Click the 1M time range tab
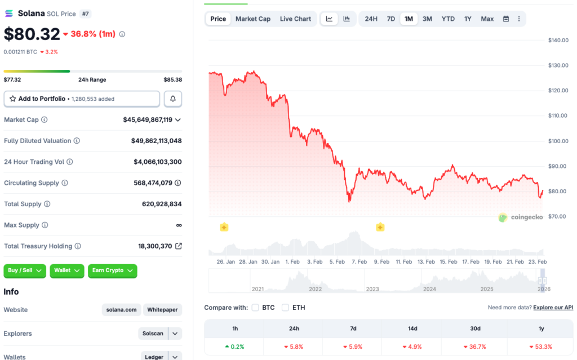(x=409, y=19)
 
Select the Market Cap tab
(x=252, y=19)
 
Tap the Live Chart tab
(x=295, y=19)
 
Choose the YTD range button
(x=448, y=19)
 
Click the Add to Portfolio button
(x=82, y=99)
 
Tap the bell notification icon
(x=173, y=99)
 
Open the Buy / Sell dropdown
(x=25, y=270)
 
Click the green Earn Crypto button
(x=112, y=270)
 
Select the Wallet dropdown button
(x=66, y=270)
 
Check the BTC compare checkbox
(x=255, y=308)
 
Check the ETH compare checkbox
(x=285, y=308)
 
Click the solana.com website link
(x=121, y=310)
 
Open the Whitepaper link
(x=162, y=310)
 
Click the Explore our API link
(x=553, y=308)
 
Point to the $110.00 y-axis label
(x=558, y=115)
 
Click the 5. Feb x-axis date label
(x=337, y=261)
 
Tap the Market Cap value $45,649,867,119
(x=148, y=119)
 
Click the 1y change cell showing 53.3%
(x=540, y=346)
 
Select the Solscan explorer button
(x=153, y=334)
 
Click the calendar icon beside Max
(x=506, y=19)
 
